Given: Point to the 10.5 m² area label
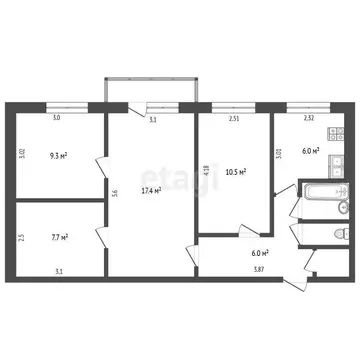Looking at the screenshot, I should click(x=235, y=171).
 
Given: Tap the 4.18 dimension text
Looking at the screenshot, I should click(x=206, y=170).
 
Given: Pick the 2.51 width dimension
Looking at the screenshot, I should click(x=234, y=119).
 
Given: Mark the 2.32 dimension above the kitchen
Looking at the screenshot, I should click(x=308, y=119).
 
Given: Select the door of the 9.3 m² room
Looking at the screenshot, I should click(x=100, y=172).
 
